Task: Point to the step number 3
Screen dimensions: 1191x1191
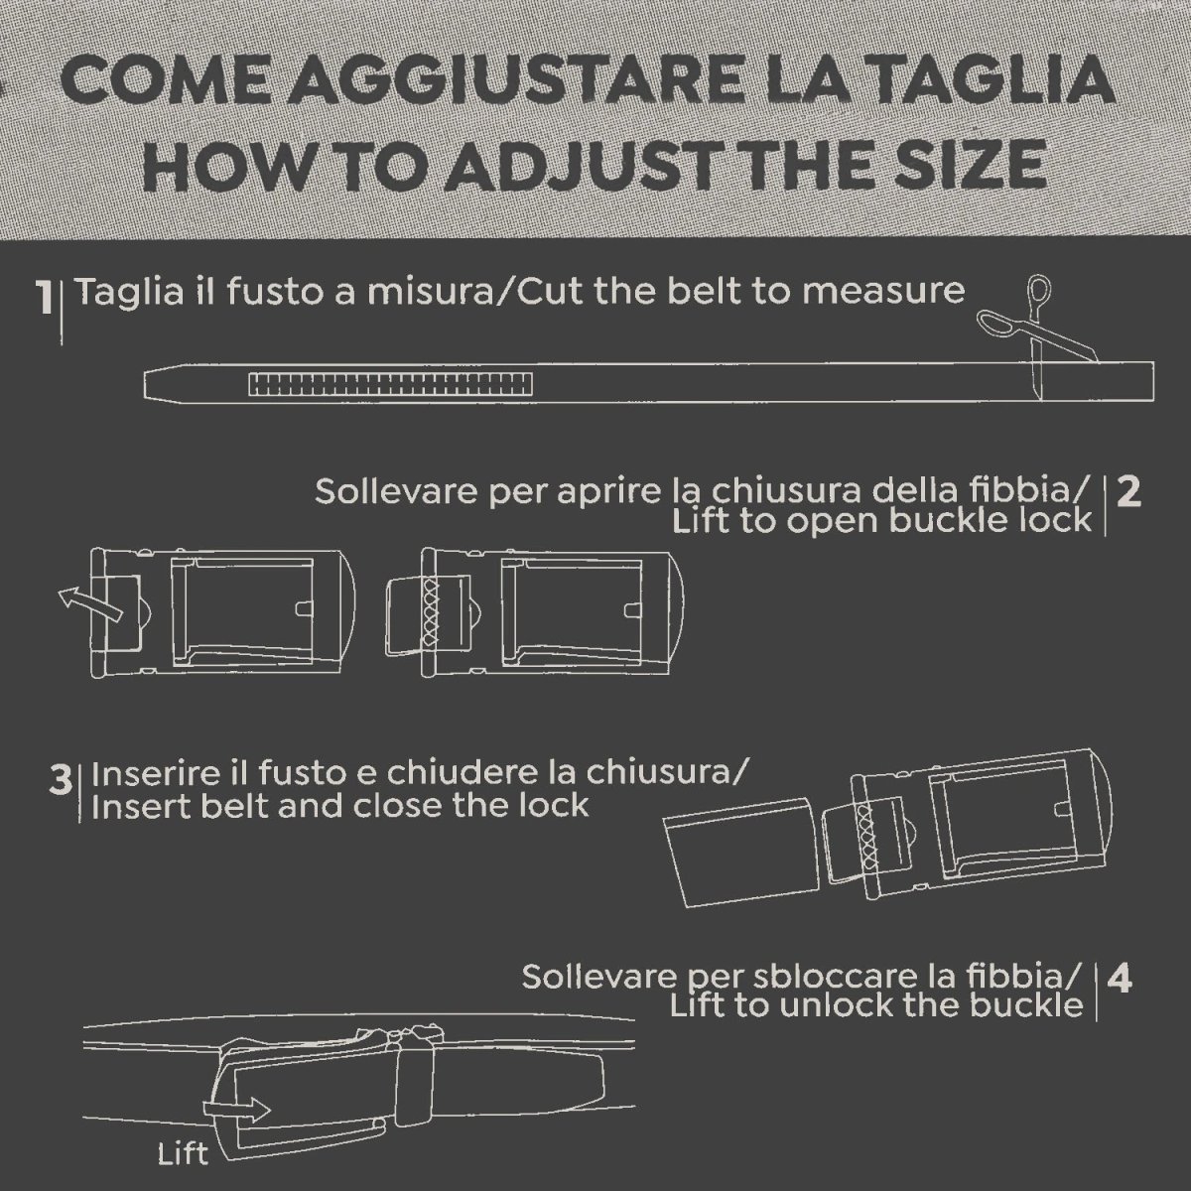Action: click(x=61, y=780)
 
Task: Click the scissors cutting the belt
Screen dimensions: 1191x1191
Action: click(x=1038, y=333)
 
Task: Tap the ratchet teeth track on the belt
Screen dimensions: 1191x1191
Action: click(x=390, y=384)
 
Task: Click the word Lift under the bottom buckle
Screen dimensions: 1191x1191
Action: click(x=184, y=1154)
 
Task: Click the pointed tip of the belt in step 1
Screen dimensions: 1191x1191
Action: click(x=145, y=386)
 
